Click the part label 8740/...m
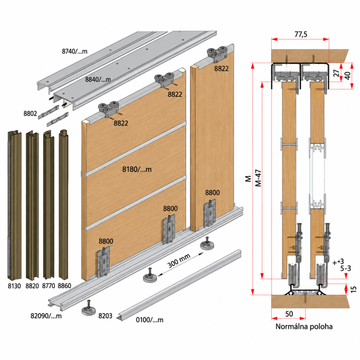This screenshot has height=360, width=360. (x=75, y=51)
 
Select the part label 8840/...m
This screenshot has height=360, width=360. (x=98, y=80)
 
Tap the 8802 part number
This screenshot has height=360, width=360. (x=30, y=114)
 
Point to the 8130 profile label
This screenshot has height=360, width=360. (x=14, y=286)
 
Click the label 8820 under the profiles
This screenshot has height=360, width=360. (x=32, y=286)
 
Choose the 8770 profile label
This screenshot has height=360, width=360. (x=49, y=286)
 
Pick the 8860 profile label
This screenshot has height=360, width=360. (x=64, y=286)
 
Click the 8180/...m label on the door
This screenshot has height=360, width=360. (x=137, y=170)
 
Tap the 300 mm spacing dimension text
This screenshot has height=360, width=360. (x=179, y=261)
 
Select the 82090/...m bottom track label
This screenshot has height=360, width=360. (x=46, y=316)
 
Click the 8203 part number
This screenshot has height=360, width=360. (x=105, y=316)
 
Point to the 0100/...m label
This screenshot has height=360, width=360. (x=149, y=320)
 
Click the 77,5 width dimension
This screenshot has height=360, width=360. (x=301, y=35)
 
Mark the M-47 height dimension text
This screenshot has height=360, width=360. (x=258, y=178)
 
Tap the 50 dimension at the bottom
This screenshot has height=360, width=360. (x=289, y=314)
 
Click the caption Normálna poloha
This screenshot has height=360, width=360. (x=304, y=327)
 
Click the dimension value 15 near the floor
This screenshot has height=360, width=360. (x=353, y=289)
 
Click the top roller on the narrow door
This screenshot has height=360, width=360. (x=217, y=54)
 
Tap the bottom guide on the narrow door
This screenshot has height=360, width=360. (x=210, y=213)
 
